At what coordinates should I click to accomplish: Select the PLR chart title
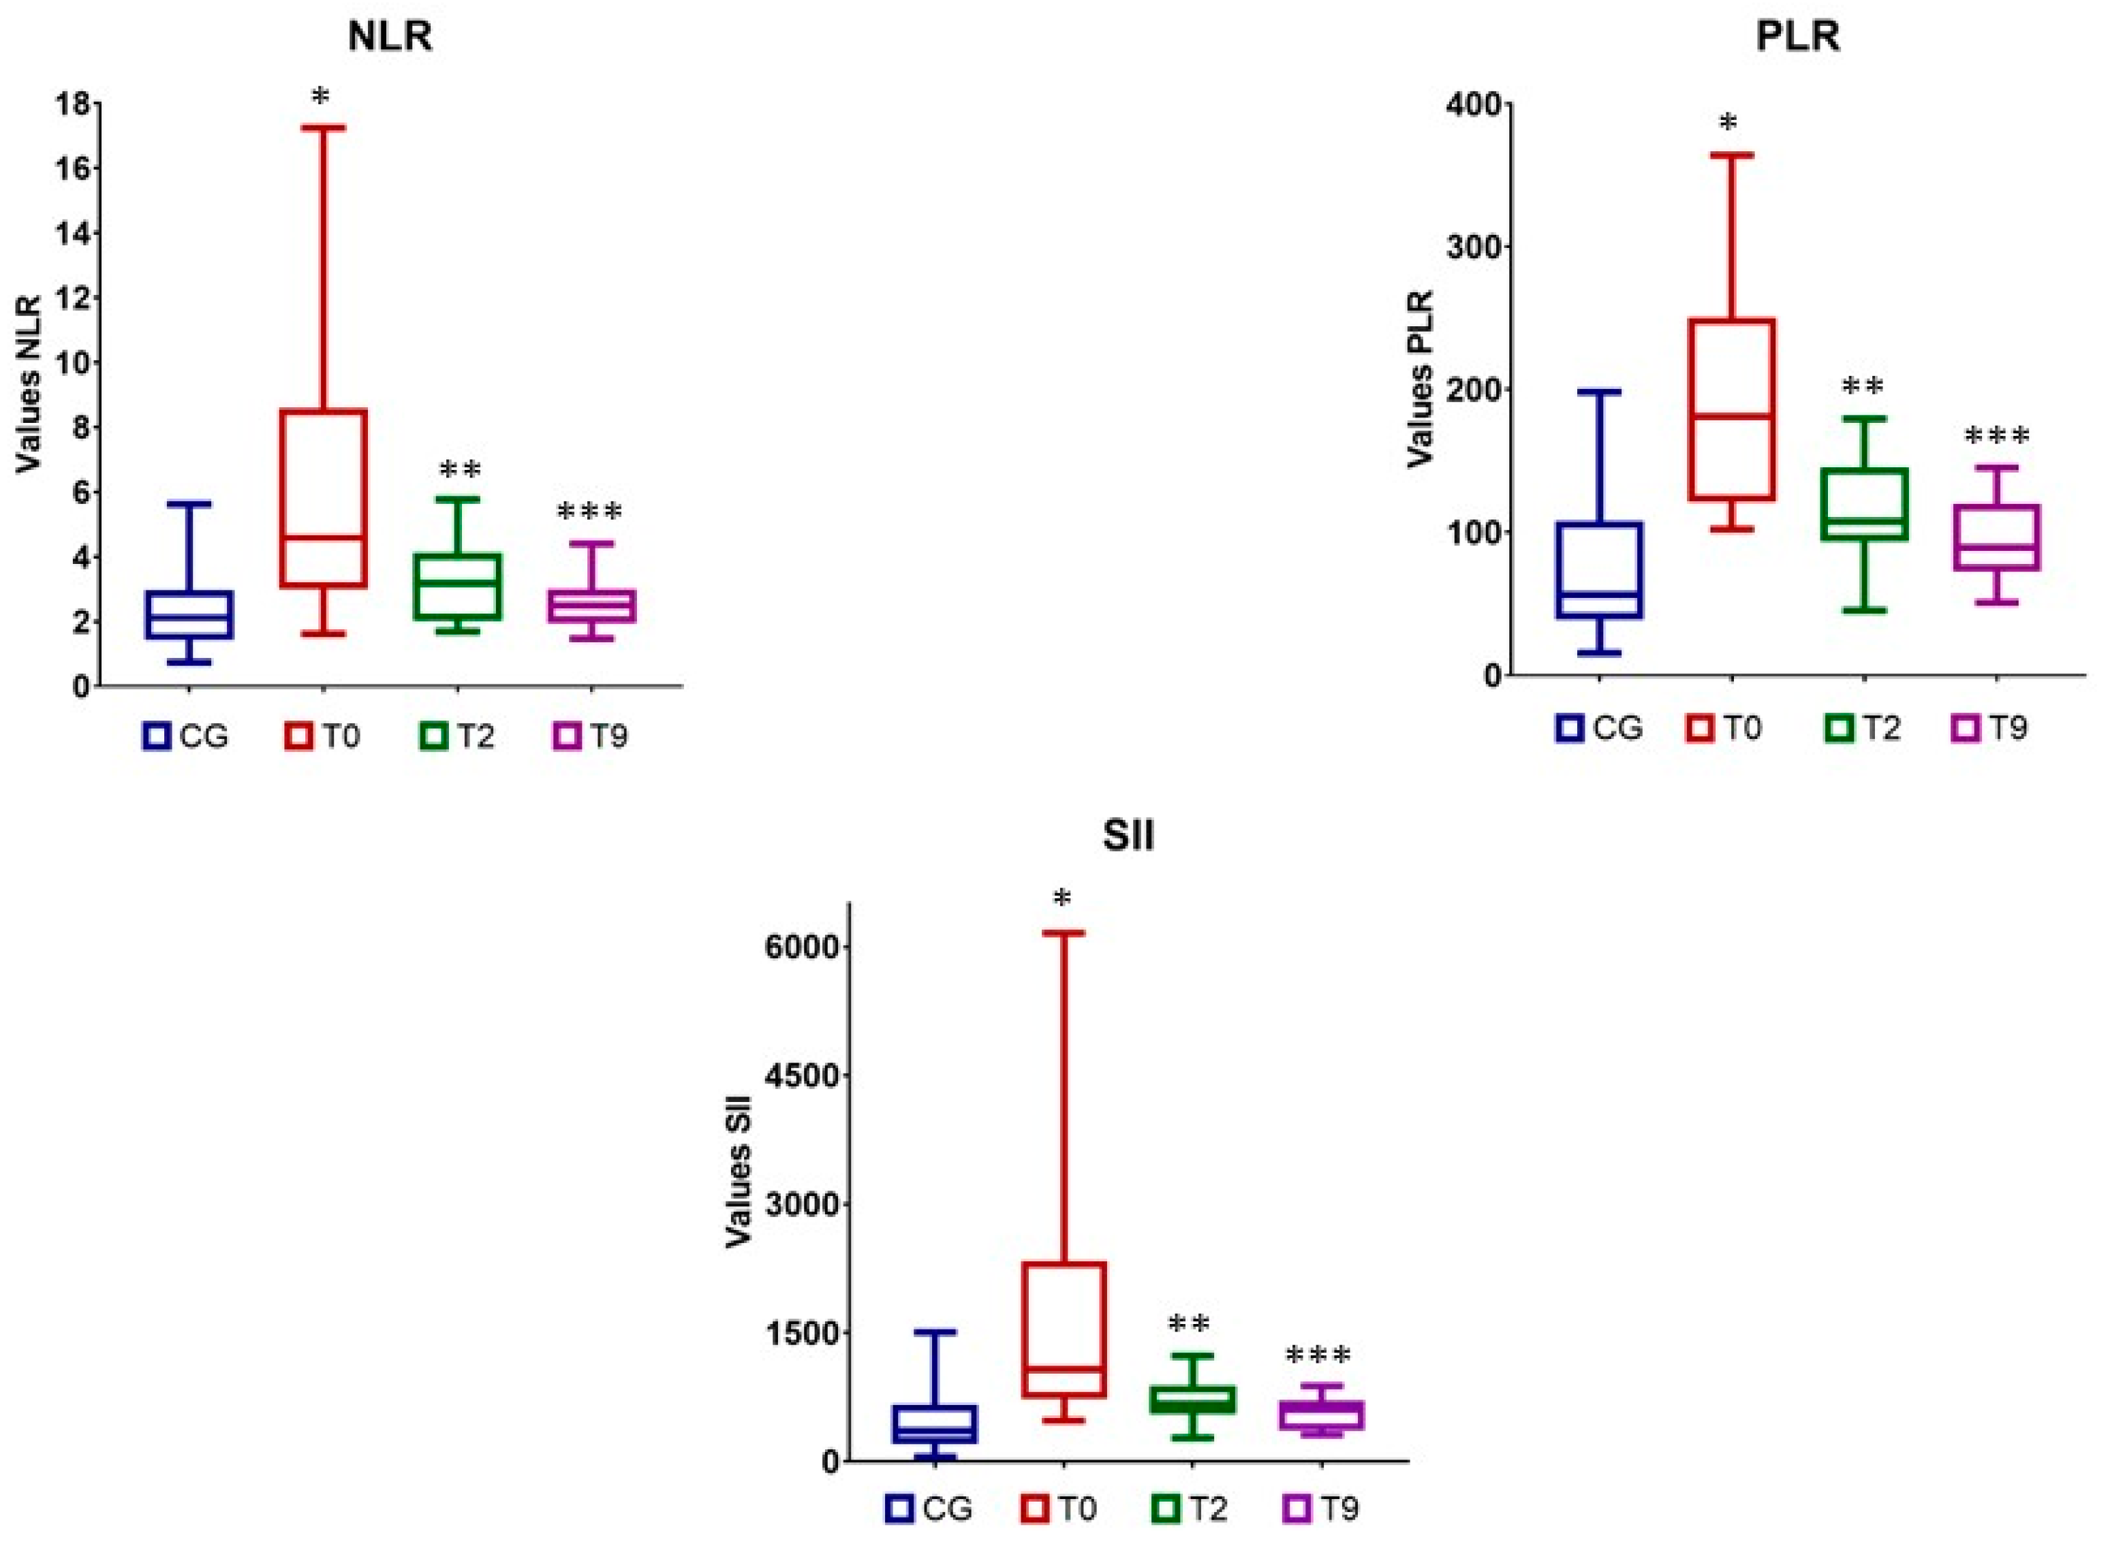pyautogui.click(x=1797, y=37)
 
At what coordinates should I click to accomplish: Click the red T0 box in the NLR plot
pyautogui.click(x=324, y=497)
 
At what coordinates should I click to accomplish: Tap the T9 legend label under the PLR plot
pyautogui.click(x=2006, y=727)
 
